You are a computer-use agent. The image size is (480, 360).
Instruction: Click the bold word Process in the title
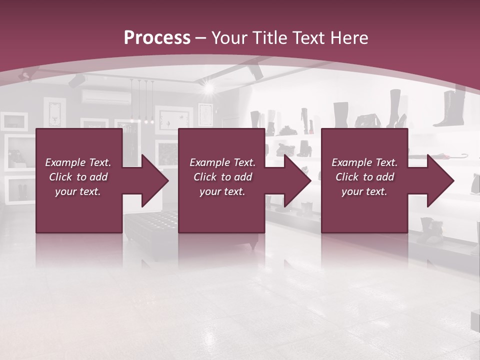pos(157,37)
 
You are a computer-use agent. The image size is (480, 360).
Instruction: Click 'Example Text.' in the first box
pos(78,162)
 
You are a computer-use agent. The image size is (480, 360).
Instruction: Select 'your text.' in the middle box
pos(222,191)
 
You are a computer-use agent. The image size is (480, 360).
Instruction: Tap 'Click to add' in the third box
pos(364,177)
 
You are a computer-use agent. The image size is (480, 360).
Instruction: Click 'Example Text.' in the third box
pos(364,162)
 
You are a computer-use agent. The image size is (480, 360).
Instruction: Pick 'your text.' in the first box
pos(78,191)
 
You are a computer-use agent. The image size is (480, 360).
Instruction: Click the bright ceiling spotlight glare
pos(208,88)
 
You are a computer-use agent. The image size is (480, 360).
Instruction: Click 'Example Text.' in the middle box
pos(222,162)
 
